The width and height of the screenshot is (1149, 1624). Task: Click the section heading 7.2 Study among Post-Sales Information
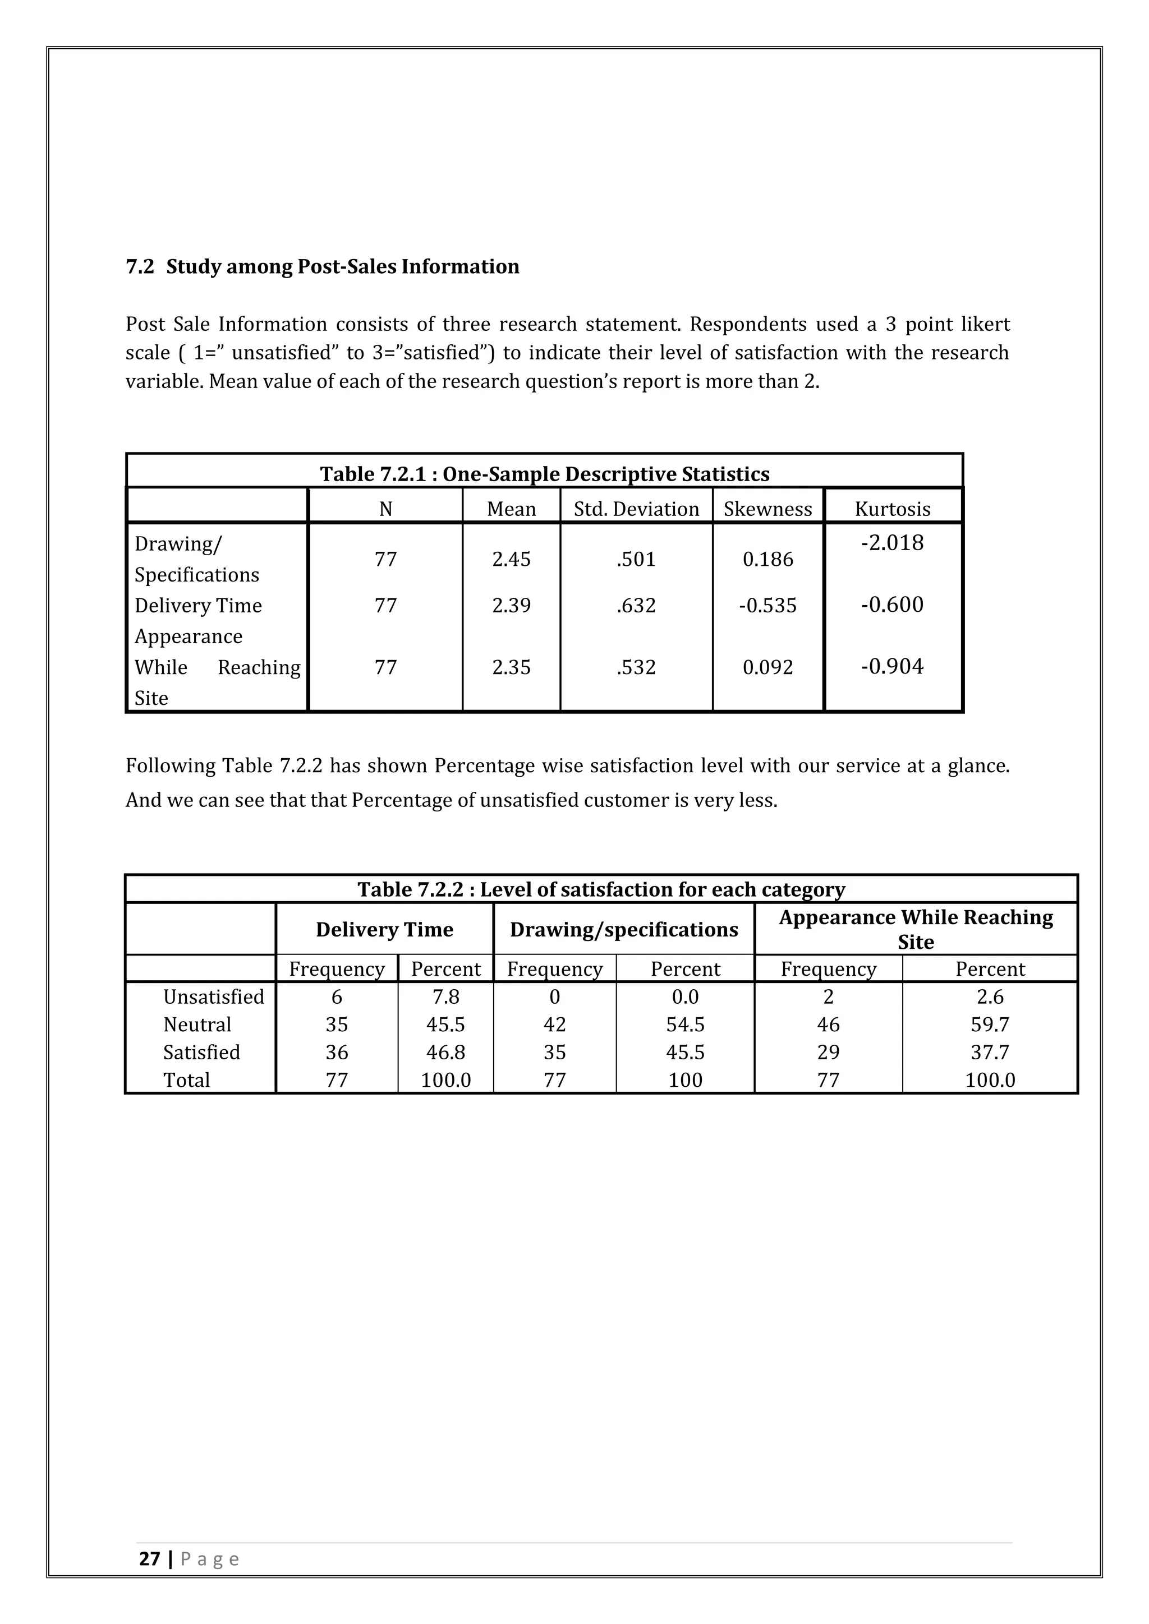(x=322, y=267)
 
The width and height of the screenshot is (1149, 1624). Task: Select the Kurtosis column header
(x=892, y=509)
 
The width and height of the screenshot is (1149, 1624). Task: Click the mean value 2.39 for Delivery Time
(x=511, y=606)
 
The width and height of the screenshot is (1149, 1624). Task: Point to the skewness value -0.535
(x=767, y=606)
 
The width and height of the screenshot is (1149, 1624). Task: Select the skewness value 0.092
(x=767, y=667)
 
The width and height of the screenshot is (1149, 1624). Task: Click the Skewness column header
(x=767, y=509)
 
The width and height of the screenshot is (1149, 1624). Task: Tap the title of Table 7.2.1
(x=544, y=473)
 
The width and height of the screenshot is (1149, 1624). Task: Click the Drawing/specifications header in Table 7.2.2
(x=623, y=929)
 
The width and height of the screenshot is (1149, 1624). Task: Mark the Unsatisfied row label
(x=213, y=996)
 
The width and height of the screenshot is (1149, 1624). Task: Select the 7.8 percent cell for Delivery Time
(x=445, y=996)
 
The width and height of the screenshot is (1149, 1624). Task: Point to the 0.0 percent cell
(x=685, y=996)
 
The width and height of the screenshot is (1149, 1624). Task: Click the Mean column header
(x=511, y=509)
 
